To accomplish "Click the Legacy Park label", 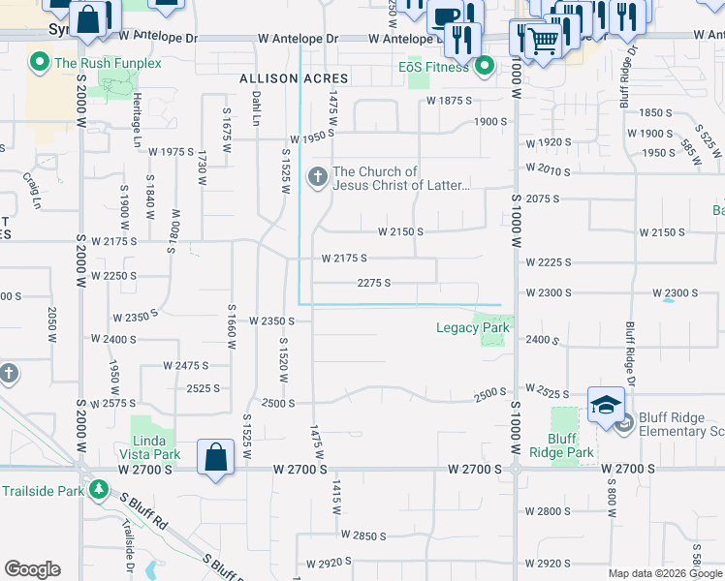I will pos(472,328).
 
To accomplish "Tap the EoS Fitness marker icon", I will pos(485,68).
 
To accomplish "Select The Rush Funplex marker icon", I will pos(40,65).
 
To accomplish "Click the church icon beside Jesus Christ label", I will pos(317,177).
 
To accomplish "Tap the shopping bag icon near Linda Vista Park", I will pos(215,458).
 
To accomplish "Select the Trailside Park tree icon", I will pos(99,490).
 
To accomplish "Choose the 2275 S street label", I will pos(374,283).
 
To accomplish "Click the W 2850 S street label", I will pos(362,535).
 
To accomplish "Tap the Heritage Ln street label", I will pos(137,128).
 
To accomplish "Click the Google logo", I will pos(32,569).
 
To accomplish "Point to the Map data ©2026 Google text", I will pos(665,573).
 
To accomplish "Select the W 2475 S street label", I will pos(186,365).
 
